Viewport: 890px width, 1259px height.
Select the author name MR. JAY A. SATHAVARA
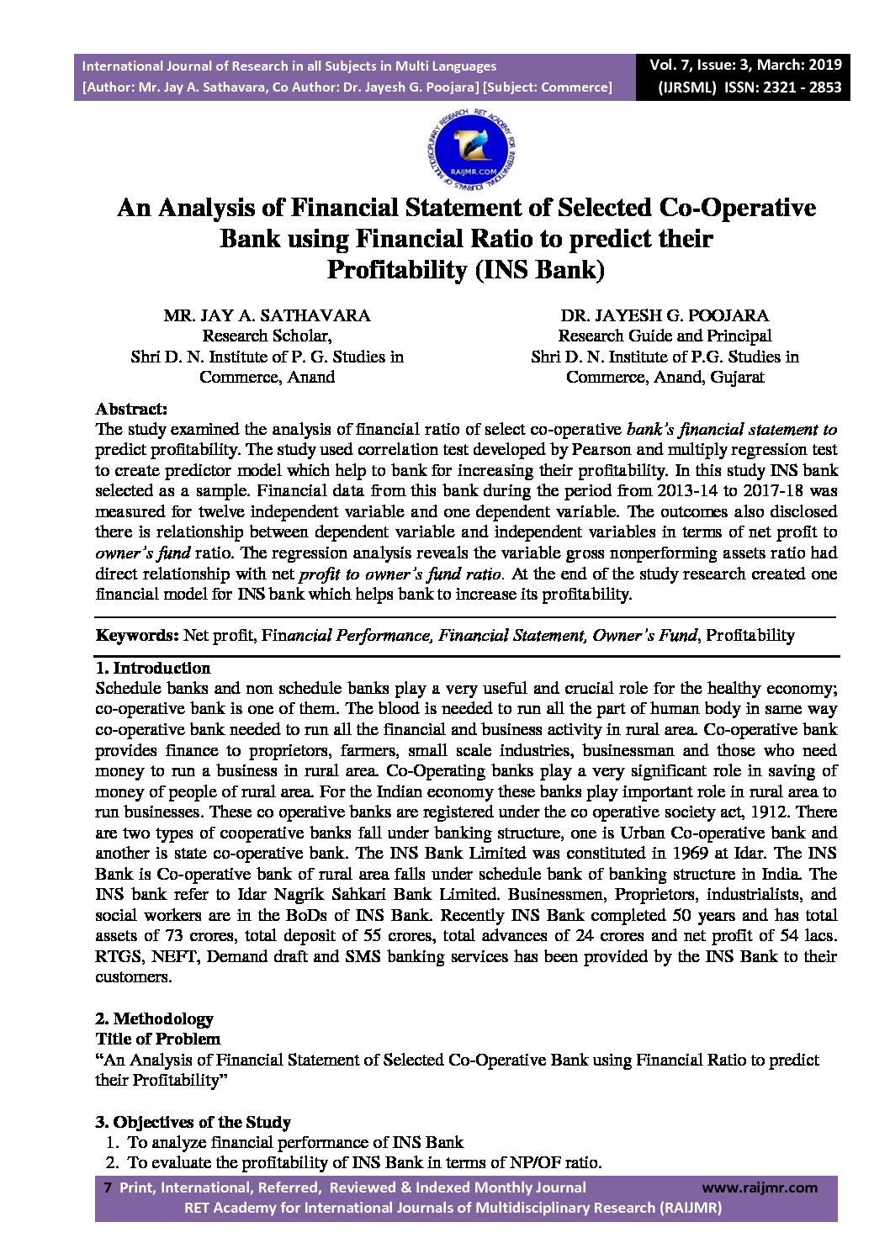[267, 315]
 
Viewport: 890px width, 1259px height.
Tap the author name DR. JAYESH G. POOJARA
[665, 315]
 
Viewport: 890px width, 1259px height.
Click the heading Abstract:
[131, 410]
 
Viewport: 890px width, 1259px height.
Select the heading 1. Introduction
[152, 668]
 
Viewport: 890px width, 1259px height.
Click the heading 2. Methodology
[154, 1018]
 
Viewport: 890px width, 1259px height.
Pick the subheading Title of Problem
[157, 1039]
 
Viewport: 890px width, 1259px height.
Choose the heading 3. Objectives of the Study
[193, 1122]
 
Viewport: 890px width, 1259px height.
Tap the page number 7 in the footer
[107, 1188]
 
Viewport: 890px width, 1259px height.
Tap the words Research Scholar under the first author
[266, 336]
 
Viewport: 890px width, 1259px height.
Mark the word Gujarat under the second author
[737, 377]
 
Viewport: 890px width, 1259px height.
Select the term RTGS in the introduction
[117, 956]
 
